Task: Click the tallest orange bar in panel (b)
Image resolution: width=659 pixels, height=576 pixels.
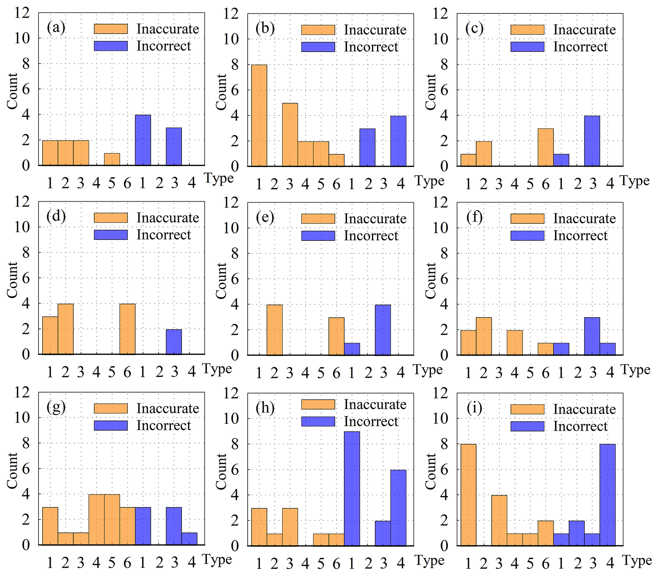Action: click(x=259, y=116)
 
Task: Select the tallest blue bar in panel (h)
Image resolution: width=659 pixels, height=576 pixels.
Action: click(x=352, y=489)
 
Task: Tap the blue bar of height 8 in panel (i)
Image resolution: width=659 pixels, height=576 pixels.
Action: click(x=607, y=495)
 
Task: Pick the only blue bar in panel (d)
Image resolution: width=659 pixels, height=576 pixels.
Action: click(x=174, y=342)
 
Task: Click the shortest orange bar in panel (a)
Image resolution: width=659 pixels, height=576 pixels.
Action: click(x=112, y=159)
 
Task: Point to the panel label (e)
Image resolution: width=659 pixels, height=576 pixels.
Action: click(x=265, y=218)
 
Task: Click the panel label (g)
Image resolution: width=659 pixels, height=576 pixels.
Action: click(x=56, y=407)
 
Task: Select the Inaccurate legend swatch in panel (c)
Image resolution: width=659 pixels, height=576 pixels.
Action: click(x=527, y=30)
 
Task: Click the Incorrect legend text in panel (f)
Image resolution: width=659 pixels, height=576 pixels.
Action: click(x=580, y=236)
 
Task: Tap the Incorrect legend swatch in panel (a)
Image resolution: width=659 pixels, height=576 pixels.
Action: click(x=111, y=46)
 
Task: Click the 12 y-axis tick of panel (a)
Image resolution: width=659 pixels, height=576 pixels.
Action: click(x=22, y=13)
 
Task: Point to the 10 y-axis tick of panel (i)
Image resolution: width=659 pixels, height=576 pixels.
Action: click(x=440, y=419)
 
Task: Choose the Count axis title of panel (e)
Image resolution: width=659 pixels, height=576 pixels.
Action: click(x=221, y=281)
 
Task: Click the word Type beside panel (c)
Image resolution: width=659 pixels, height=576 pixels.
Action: click(x=634, y=181)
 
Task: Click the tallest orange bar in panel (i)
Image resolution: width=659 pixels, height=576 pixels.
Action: click(x=468, y=495)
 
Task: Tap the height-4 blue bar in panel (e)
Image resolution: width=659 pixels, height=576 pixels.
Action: click(x=383, y=330)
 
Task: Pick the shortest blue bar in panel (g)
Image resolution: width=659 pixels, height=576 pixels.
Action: click(x=189, y=539)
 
